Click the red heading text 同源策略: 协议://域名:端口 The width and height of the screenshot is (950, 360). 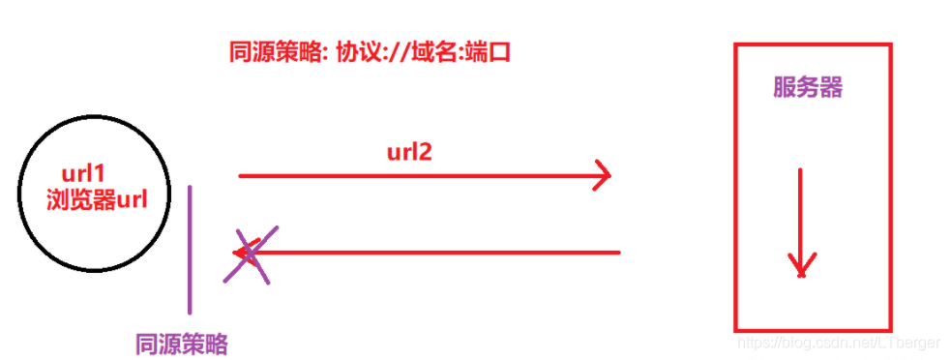pyautogui.click(x=369, y=54)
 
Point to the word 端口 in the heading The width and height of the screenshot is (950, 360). pyautogui.click(x=488, y=54)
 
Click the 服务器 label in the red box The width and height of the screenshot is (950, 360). pyautogui.click(x=808, y=88)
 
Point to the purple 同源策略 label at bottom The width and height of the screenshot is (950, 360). pyautogui.click(x=183, y=344)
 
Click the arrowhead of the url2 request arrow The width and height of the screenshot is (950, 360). pyautogui.click(x=604, y=175)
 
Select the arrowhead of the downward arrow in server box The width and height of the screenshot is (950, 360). pyautogui.click(x=800, y=265)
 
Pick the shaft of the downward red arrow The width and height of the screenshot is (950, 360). pyautogui.click(x=801, y=213)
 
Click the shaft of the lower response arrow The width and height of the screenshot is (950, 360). pyautogui.click(x=435, y=254)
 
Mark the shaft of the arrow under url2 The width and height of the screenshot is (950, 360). pyautogui.click(x=416, y=176)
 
